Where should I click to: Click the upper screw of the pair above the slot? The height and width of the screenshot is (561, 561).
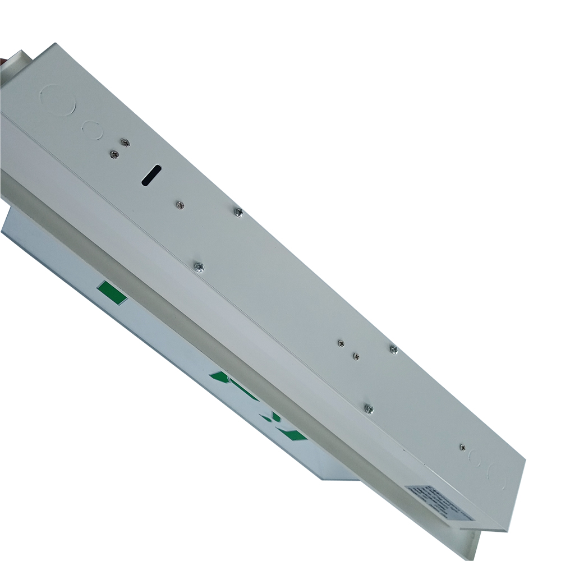click(126, 143)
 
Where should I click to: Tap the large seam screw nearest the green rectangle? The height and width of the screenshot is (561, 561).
click(198, 268)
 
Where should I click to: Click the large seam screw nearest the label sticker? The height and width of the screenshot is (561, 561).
click(369, 409)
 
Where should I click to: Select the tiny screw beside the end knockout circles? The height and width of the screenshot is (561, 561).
click(461, 447)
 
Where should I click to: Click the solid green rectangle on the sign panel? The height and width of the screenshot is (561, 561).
click(112, 293)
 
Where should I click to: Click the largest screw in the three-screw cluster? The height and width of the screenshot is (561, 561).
click(393, 350)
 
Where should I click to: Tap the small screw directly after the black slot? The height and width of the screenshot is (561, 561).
click(180, 205)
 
